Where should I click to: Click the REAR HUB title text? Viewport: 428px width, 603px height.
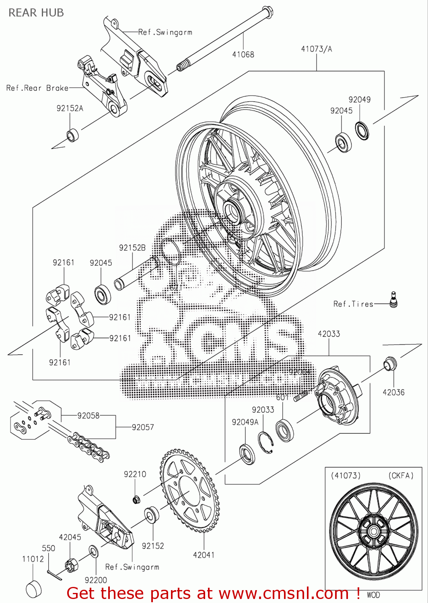click(36, 13)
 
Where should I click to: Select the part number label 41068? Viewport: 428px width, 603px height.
click(243, 54)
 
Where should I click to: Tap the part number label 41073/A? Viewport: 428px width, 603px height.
click(317, 49)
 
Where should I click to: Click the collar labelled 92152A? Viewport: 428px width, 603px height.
click(73, 135)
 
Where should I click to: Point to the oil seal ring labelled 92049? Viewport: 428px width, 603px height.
click(362, 130)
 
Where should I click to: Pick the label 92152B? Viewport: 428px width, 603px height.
click(132, 248)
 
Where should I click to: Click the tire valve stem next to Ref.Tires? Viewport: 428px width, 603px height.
click(393, 300)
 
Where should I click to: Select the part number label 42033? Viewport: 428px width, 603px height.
click(329, 334)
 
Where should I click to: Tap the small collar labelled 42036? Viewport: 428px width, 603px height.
click(390, 363)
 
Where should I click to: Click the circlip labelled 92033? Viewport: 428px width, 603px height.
click(266, 442)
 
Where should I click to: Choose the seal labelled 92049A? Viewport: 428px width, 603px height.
click(247, 454)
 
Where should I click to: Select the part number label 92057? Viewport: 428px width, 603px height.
click(143, 427)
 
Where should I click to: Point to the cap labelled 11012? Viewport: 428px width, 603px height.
click(33, 589)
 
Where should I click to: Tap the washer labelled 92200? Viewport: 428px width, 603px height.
click(93, 551)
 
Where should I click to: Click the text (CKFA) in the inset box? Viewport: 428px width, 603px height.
click(401, 476)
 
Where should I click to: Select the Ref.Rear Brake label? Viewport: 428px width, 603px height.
click(37, 88)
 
